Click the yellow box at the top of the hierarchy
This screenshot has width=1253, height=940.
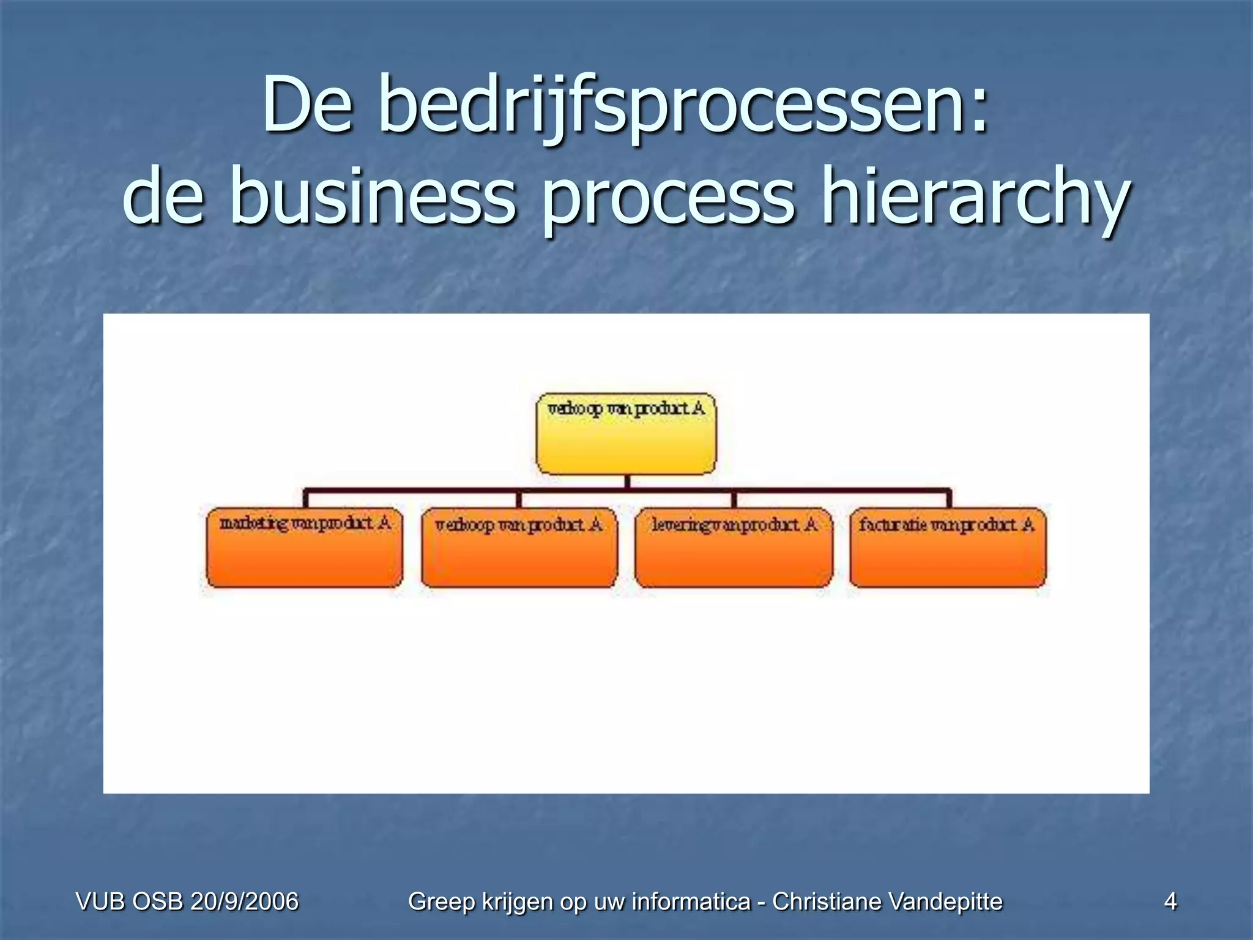tap(626, 433)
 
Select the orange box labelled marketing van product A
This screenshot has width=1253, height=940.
tap(305, 548)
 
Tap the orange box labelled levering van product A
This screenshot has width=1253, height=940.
tap(734, 548)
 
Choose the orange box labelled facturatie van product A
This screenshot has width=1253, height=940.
tap(948, 548)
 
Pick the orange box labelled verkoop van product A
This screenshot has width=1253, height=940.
tap(519, 548)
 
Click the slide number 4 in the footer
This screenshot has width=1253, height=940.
tap(1170, 901)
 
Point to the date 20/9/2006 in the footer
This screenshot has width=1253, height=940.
tap(244, 901)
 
